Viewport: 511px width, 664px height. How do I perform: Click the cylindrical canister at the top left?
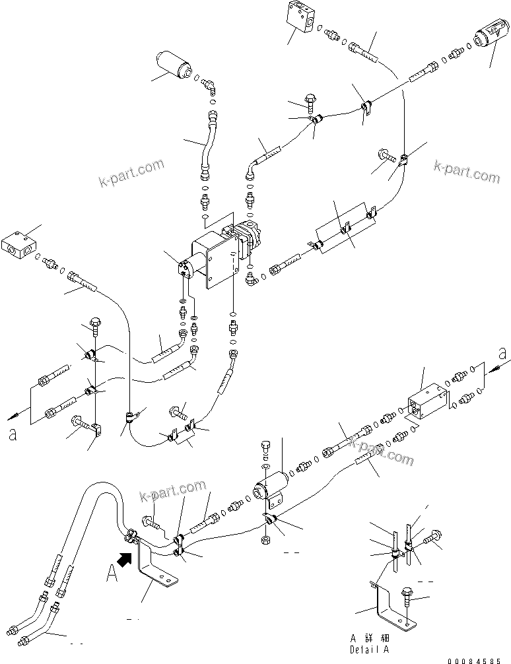click(x=174, y=67)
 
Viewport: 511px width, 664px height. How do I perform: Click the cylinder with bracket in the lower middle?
click(x=271, y=489)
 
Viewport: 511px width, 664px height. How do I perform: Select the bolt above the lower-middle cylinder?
click(x=266, y=446)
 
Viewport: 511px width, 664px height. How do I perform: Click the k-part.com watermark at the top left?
click(x=131, y=173)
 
